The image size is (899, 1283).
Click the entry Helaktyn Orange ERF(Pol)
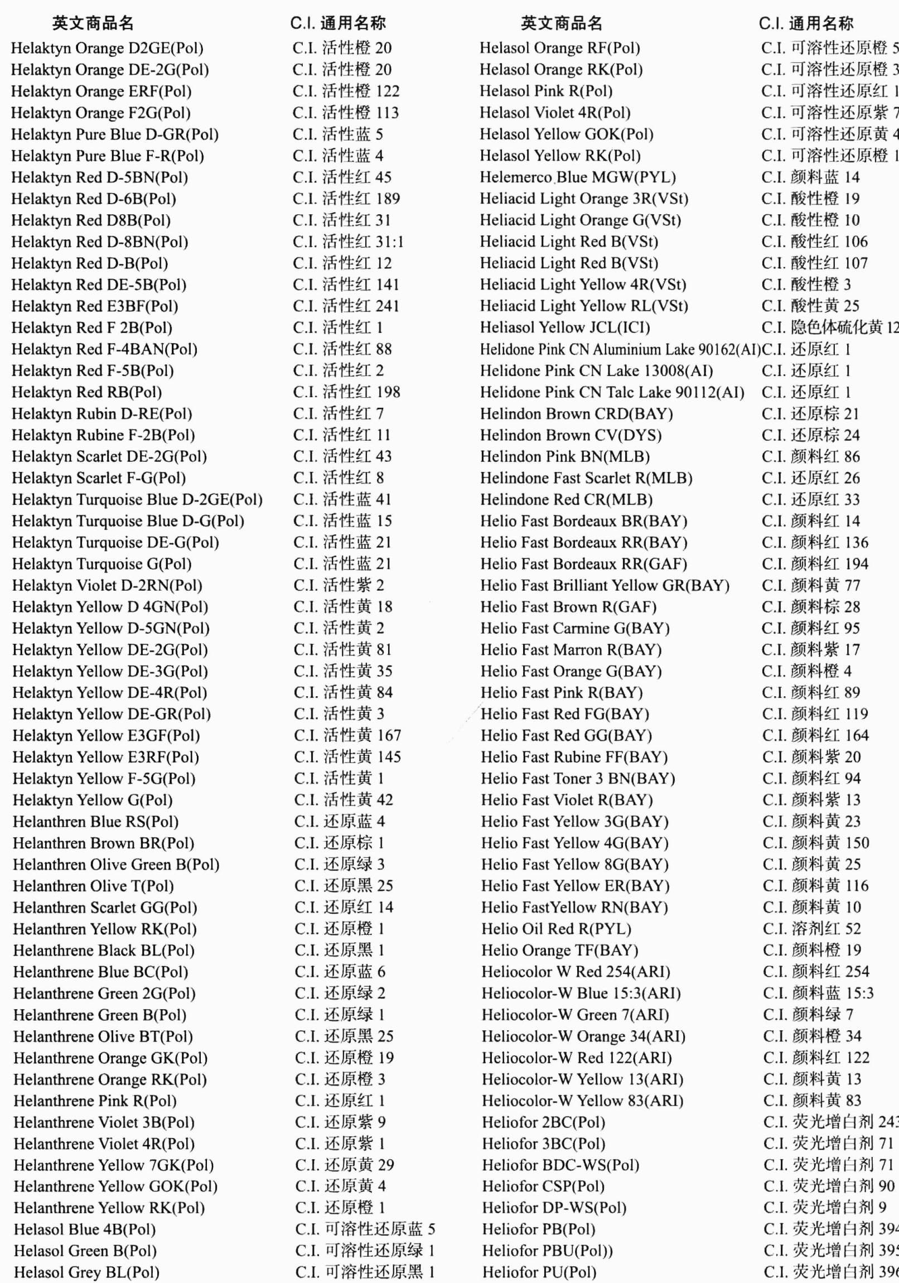pyautogui.click(x=101, y=91)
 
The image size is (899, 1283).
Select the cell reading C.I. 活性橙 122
pyautogui.click(x=346, y=91)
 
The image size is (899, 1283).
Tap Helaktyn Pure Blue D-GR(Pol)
pyautogui.click(x=114, y=134)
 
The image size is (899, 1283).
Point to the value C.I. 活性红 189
pyautogui.click(x=346, y=199)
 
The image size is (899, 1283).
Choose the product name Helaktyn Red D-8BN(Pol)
pyautogui.click(x=99, y=242)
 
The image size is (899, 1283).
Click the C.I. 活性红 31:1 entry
pyautogui.click(x=347, y=242)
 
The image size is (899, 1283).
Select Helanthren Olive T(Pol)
pyautogui.click(x=93, y=886)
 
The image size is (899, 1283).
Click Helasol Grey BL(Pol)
pyautogui.click(x=86, y=1272)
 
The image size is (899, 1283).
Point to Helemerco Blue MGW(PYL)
pyautogui.click(x=578, y=177)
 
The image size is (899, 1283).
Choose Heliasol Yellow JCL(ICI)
pyautogui.click(x=565, y=327)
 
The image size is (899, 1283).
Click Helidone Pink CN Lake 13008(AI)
pyautogui.click(x=596, y=370)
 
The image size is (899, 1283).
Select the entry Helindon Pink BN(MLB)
pyautogui.click(x=565, y=456)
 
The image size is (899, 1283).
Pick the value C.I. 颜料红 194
pyautogui.click(x=815, y=564)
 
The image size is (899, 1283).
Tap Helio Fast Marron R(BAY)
pyautogui.click(x=571, y=650)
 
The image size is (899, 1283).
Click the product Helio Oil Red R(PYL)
pyautogui.click(x=556, y=929)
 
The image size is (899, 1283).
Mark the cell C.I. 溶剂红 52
pyautogui.click(x=811, y=929)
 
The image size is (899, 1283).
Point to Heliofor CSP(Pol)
pyautogui.click(x=543, y=1186)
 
